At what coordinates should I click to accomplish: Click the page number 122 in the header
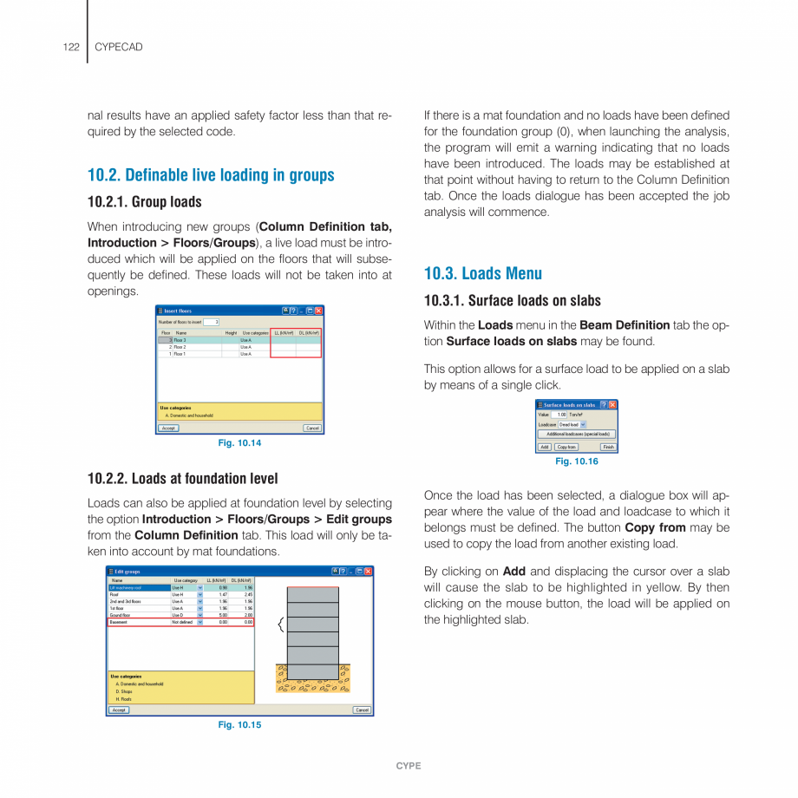tap(71, 47)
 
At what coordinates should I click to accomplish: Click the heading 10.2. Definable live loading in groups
tap(211, 175)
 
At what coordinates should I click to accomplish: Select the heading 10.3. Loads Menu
tap(482, 273)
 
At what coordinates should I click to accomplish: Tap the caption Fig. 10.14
tap(239, 443)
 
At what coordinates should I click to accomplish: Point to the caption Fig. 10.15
tap(239, 725)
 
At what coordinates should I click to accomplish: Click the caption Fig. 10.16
tap(576, 461)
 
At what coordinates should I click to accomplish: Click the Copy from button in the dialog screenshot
tap(566, 447)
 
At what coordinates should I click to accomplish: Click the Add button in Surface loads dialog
tap(544, 447)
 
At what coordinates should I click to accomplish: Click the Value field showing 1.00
tap(560, 415)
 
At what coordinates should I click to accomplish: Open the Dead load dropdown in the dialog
tap(571, 424)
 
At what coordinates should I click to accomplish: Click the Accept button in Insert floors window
tap(168, 428)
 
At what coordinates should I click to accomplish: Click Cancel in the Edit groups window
tap(362, 710)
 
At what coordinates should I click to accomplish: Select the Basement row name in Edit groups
tap(120, 622)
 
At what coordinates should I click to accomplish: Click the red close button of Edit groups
tap(368, 572)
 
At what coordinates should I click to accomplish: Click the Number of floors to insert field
tap(211, 322)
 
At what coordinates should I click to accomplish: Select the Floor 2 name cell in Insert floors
tap(180, 347)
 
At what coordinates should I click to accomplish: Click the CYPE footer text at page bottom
tap(408, 766)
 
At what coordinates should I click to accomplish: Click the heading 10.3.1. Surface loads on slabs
tap(512, 301)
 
